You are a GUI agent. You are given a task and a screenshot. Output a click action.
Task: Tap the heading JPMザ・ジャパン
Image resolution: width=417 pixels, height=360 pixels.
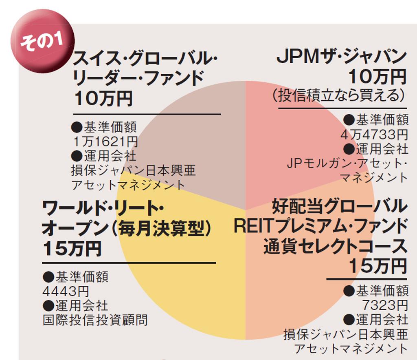point(341,57)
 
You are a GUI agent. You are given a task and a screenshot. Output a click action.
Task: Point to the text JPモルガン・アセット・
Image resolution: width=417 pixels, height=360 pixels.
point(347,163)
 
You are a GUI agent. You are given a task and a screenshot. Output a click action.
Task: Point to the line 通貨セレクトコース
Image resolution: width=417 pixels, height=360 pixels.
point(335,246)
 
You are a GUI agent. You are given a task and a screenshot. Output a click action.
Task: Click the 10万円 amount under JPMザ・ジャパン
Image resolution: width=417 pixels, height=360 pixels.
point(378,76)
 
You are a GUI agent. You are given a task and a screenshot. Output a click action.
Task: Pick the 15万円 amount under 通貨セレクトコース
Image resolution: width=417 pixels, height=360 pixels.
point(378,266)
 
